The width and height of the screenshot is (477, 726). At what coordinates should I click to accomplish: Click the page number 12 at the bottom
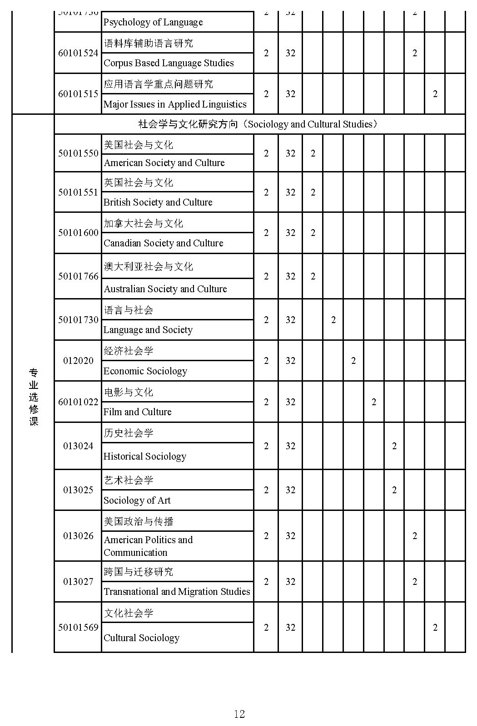239,714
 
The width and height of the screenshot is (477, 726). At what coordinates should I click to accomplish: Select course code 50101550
78,153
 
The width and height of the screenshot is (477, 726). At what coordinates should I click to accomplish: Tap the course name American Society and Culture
164,163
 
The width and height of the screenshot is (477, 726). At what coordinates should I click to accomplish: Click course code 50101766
78,276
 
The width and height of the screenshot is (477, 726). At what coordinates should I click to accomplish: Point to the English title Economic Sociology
145,371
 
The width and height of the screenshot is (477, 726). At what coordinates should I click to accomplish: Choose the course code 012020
78,361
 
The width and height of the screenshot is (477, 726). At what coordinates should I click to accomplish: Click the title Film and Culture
138,412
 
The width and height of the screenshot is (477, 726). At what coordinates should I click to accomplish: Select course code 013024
78,446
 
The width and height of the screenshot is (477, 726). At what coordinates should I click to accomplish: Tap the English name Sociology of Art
137,500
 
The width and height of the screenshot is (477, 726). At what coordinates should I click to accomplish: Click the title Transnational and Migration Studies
177,592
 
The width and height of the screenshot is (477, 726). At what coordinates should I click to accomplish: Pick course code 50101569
78,628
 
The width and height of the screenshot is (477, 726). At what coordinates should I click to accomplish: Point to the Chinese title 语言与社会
129,310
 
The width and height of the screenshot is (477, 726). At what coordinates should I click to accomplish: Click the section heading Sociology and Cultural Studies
258,124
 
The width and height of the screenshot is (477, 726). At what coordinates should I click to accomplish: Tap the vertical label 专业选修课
34,397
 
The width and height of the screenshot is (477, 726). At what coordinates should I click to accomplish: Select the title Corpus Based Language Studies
169,63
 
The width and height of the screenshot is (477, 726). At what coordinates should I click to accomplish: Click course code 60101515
78,94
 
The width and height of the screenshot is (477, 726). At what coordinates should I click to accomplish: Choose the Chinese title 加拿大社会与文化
144,224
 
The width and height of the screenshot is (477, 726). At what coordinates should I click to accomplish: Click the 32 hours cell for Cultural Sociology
290,628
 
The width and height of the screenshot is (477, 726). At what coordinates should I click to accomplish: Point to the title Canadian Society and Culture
164,243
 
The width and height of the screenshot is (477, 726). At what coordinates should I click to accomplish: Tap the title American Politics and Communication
148,546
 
